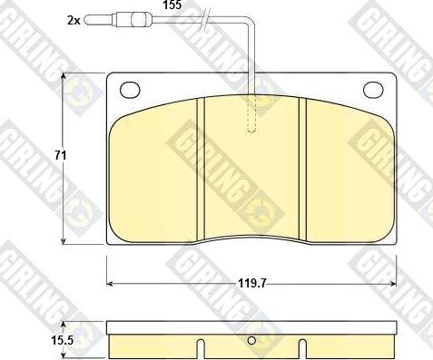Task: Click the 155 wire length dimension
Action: click(172, 5)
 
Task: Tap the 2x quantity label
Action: click(74, 21)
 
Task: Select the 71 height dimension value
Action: click(61, 155)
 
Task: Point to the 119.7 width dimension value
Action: click(251, 284)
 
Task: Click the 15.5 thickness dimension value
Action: click(62, 341)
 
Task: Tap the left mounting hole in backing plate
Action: click(130, 90)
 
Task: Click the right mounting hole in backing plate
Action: click(373, 90)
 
